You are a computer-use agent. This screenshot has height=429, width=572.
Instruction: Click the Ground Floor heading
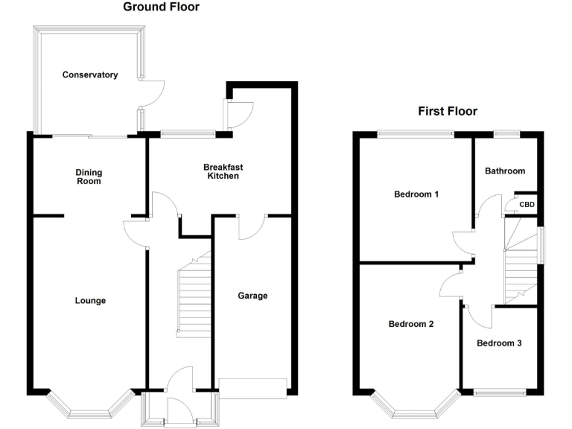coord(161,7)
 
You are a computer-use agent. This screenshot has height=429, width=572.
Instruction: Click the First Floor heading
coord(447,112)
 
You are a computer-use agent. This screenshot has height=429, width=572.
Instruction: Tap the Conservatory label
coord(90,74)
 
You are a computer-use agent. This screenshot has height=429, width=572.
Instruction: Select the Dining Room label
coord(89,177)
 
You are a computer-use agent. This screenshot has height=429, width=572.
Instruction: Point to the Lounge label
coord(90,301)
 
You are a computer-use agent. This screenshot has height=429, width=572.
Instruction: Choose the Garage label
coord(252,296)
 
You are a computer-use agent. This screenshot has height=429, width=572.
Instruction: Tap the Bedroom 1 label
coord(416,194)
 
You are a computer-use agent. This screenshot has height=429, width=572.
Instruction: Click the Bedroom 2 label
coord(410,324)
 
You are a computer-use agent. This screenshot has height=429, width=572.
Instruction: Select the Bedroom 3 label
coord(499,343)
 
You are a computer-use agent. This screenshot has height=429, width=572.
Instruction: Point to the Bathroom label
coord(505,171)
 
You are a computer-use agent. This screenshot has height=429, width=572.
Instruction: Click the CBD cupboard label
coord(527,205)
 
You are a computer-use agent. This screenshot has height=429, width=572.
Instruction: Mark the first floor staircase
coord(521,268)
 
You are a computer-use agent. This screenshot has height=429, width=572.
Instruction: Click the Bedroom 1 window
coord(416,134)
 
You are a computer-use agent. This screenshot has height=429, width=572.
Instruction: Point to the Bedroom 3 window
coord(499,392)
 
